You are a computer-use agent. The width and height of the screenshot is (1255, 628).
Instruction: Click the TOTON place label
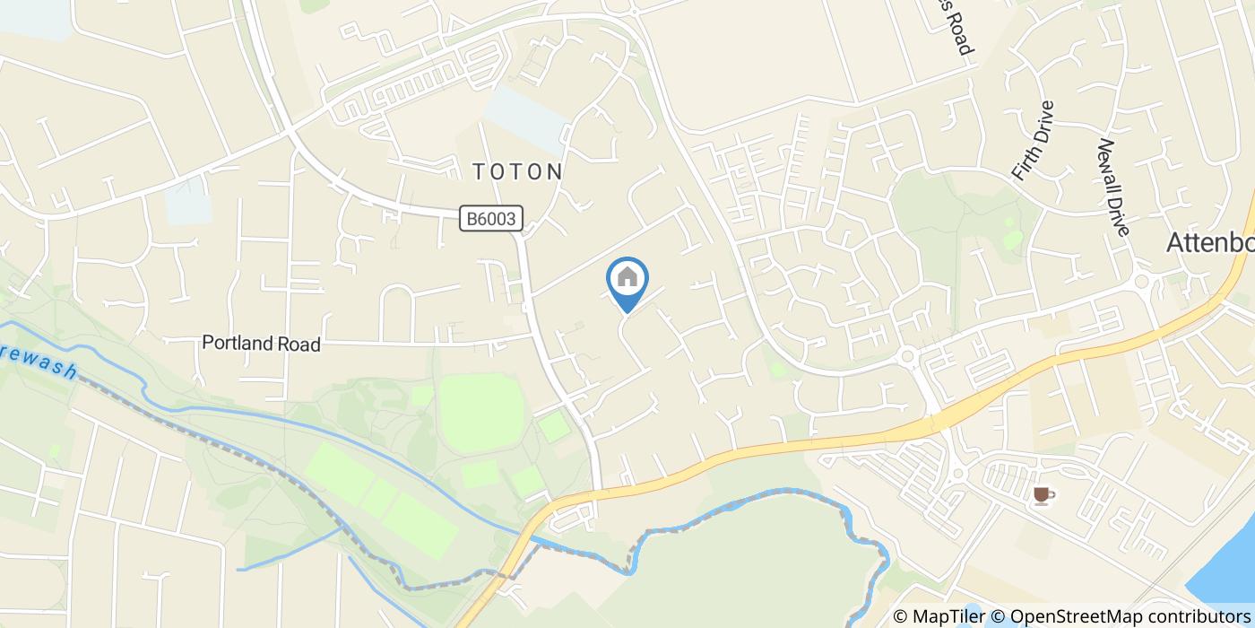pyautogui.click(x=518, y=171)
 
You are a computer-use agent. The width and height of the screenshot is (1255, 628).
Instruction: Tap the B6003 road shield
pyautogui.click(x=491, y=218)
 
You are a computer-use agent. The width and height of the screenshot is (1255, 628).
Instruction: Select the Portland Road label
pyautogui.click(x=261, y=344)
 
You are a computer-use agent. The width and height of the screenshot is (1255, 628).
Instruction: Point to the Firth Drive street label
pyautogui.click(x=1034, y=141)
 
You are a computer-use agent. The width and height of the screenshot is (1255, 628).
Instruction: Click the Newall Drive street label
pyautogui.click(x=1112, y=187)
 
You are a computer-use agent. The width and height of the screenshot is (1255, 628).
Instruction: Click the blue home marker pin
pyautogui.click(x=627, y=280)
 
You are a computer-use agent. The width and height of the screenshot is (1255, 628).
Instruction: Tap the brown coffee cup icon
pyautogui.click(x=1043, y=494)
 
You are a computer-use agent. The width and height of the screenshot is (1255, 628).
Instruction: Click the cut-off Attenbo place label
pyautogui.click(x=1210, y=242)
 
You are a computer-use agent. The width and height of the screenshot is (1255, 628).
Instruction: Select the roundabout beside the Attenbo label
pyautogui.click(x=1142, y=281)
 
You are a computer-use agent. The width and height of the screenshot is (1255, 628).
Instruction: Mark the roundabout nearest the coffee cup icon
pyautogui.click(x=956, y=473)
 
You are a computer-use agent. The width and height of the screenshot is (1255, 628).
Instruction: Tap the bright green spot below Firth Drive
pyautogui.click(x=1013, y=239)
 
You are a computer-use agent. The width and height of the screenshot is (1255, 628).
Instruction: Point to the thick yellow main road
pyautogui.click(x=807, y=444)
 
